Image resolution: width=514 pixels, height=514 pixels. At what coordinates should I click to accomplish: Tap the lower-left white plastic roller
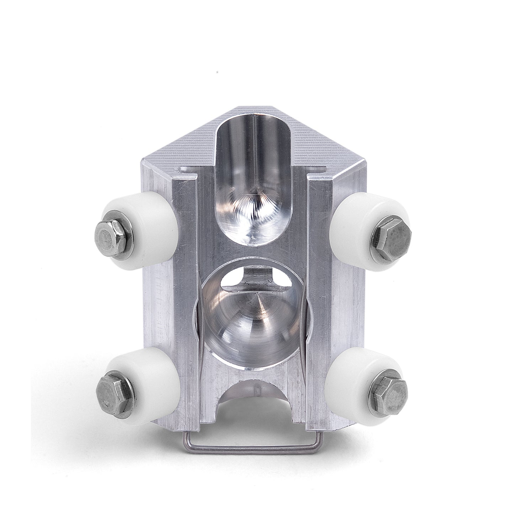157,381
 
